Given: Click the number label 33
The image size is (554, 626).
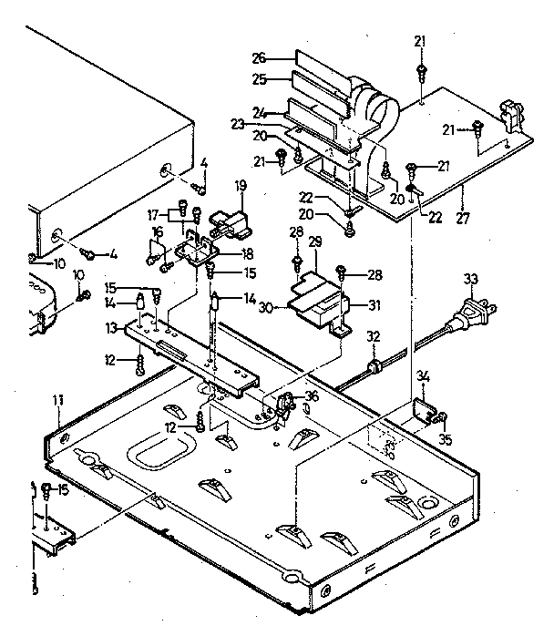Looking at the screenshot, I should click(470, 279).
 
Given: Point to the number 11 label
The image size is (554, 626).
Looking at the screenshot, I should click(58, 400).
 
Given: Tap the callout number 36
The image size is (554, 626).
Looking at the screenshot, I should click(313, 395).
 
